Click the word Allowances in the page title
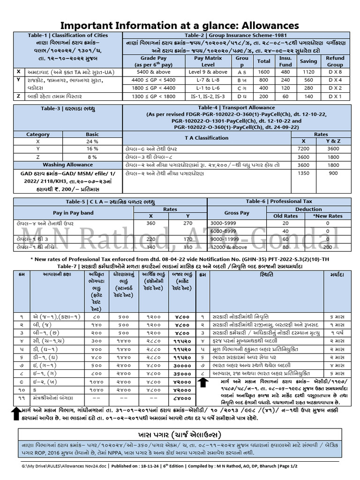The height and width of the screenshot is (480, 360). pyautogui.click(x=266, y=25)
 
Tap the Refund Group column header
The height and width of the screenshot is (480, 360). pyautogui.click(x=335, y=61)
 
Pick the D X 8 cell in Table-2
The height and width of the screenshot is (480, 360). pyautogui.click(x=335, y=72)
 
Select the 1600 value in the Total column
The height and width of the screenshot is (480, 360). pyautogui.click(x=264, y=72)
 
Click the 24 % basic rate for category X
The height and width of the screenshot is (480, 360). pyautogui.click(x=92, y=141)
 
